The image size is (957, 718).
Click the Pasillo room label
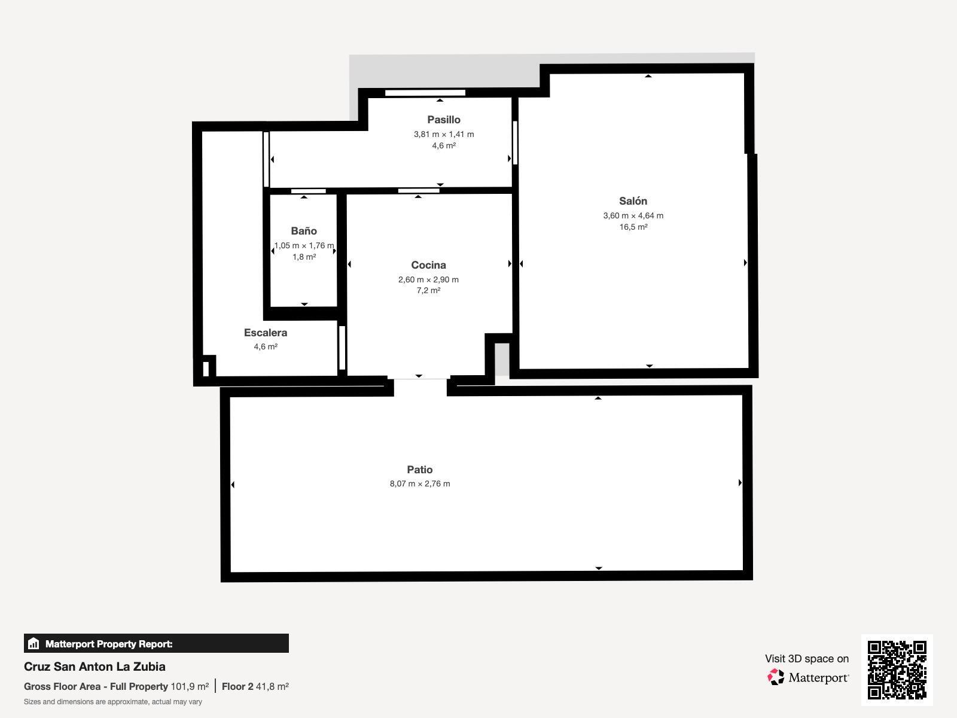click(x=443, y=120)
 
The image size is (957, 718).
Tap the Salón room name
click(x=633, y=201)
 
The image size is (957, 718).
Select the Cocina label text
click(x=428, y=265)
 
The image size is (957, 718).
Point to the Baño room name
click(x=304, y=231)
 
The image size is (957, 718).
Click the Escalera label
click(x=266, y=333)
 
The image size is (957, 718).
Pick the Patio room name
click(x=419, y=470)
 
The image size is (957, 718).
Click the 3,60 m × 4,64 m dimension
click(x=633, y=215)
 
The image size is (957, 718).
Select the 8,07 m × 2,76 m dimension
click(x=420, y=483)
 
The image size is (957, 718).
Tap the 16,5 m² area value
click(x=633, y=227)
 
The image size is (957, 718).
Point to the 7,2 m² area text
click(x=428, y=290)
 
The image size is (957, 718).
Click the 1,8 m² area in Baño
click(x=304, y=257)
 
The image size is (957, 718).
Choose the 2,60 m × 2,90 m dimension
click(x=428, y=279)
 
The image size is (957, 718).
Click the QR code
click(x=897, y=670)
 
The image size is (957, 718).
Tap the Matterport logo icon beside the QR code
click(x=776, y=677)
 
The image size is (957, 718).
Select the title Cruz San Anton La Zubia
click(x=95, y=667)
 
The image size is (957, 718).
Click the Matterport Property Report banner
click(x=156, y=643)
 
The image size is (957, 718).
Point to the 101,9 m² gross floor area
click(x=190, y=687)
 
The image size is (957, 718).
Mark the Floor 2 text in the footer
click(x=237, y=687)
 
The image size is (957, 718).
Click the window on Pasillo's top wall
click(x=425, y=92)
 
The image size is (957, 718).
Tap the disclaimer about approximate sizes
click(x=113, y=702)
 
